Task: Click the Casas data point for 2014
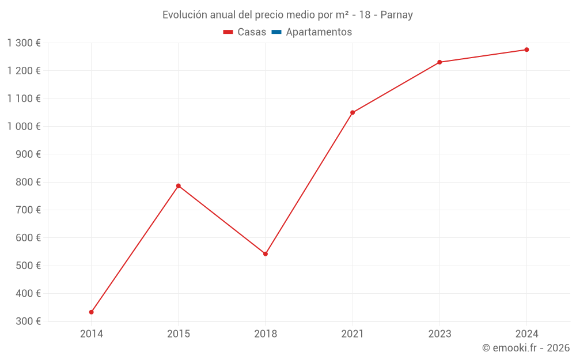click(92, 312)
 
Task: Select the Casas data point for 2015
click(179, 186)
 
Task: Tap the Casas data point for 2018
click(266, 254)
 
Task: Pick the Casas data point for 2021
click(353, 112)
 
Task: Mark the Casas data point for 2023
click(439, 62)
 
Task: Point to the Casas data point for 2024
click(526, 50)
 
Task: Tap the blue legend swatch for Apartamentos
click(276, 32)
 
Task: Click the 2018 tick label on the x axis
click(266, 334)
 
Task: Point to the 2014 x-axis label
click(92, 334)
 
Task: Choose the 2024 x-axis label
click(526, 334)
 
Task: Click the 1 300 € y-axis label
click(24, 43)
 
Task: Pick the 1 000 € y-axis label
click(24, 126)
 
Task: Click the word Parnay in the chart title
click(397, 15)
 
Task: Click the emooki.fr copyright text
click(526, 348)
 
